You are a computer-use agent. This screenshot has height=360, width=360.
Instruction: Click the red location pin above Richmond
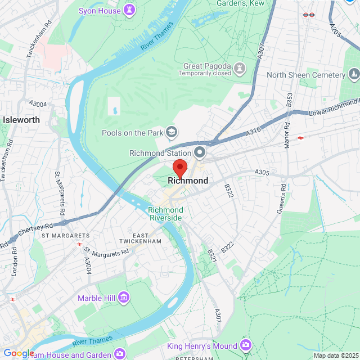(179, 168)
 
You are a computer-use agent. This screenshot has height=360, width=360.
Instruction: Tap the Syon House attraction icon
(130, 10)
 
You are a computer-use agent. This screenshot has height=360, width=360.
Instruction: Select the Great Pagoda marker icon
(240, 69)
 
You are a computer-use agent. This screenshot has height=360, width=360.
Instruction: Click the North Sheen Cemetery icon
(353, 74)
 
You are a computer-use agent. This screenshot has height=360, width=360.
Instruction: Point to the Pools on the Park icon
(172, 133)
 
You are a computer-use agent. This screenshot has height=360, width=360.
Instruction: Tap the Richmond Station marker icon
(200, 152)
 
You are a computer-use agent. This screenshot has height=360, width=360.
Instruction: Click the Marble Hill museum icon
(123, 298)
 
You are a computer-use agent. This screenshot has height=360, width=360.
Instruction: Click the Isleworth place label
(21, 120)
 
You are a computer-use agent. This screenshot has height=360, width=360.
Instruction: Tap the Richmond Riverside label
(165, 214)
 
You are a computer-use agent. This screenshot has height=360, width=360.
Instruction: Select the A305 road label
(263, 172)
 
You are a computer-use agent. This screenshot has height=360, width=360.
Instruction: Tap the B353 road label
(289, 100)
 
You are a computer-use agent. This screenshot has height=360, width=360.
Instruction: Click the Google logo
(19, 353)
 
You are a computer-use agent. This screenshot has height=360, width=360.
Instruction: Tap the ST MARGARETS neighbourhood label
(65, 235)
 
